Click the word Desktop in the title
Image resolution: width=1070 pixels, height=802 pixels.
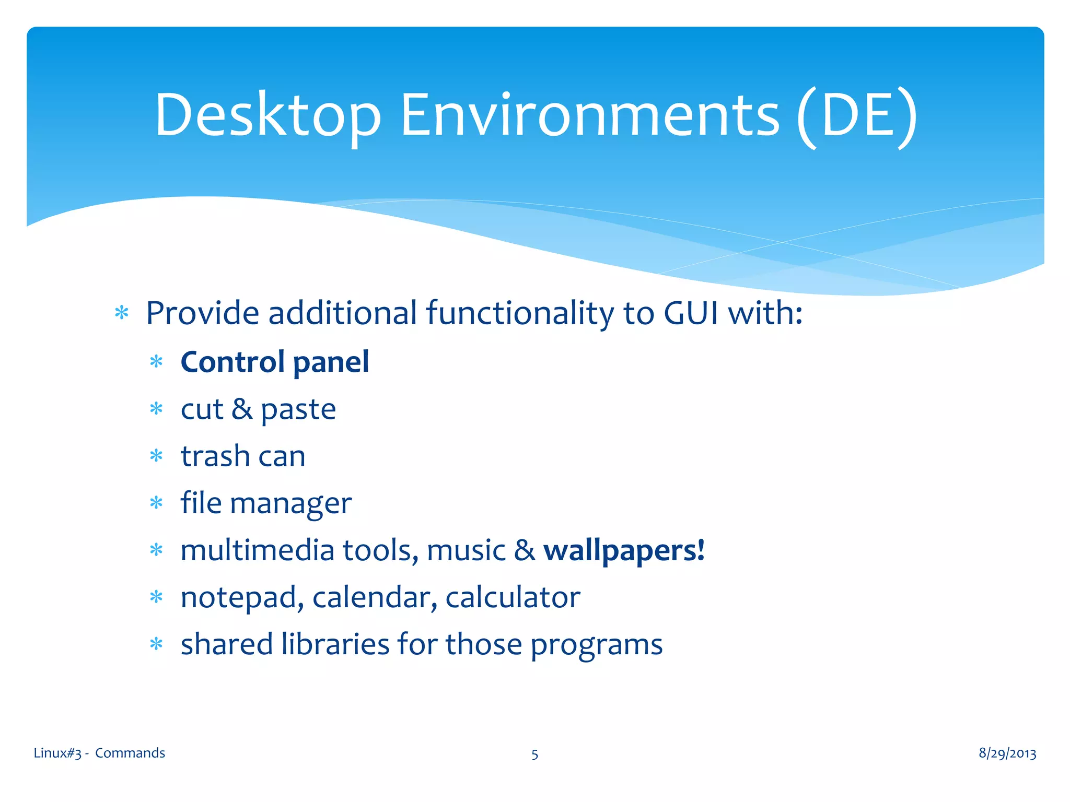coord(267,116)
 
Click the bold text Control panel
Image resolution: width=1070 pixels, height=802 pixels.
coord(275,362)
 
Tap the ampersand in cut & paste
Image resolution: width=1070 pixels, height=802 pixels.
coord(242,409)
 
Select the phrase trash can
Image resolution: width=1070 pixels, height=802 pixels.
coord(243,456)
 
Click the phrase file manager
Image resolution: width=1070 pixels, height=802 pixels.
coord(266,503)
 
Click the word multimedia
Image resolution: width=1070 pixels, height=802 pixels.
coord(257,550)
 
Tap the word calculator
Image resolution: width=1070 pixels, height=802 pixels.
coord(513,597)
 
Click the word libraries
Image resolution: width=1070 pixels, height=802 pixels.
coord(335,644)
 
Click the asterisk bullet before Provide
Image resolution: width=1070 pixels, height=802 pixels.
coord(122,313)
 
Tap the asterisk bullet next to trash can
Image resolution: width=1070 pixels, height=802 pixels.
coord(156,456)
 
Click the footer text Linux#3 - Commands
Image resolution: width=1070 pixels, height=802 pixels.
coord(99,753)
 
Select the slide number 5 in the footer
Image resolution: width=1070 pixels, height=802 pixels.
coord(534,754)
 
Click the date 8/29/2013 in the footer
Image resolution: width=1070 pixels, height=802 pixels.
coord(1007,753)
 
